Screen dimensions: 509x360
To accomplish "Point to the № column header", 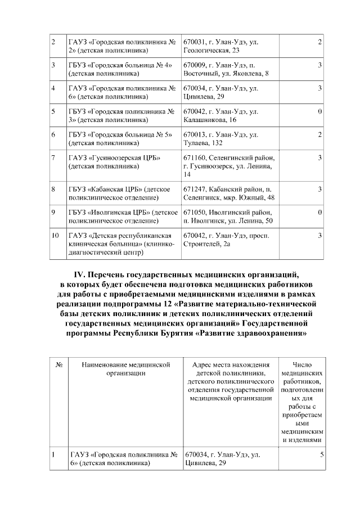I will (58, 365).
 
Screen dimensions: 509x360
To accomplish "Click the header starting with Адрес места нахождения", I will (231, 382).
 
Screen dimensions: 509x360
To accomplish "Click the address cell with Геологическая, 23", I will (230, 46).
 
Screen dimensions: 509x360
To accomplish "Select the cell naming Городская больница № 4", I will (123, 69).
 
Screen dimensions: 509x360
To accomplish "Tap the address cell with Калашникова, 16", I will (230, 115).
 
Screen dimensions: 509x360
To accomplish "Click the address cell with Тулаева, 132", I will (230, 138).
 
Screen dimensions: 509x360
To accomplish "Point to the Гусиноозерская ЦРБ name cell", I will (123, 161).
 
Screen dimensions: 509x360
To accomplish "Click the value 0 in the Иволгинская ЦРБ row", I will (319, 212).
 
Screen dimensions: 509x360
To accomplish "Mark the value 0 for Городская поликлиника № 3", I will (319, 111).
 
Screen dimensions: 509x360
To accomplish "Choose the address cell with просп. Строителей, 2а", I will (230, 239).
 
